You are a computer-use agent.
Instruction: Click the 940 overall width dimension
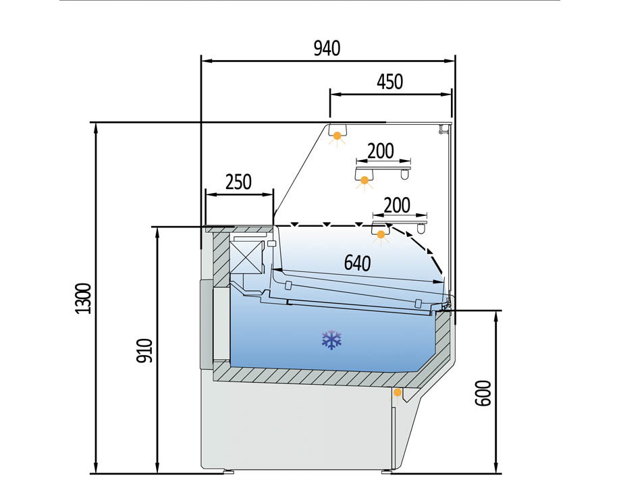click(x=327, y=49)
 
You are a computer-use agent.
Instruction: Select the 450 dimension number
click(x=390, y=82)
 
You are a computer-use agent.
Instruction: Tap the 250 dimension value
click(x=238, y=182)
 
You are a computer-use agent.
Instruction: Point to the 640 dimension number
click(x=357, y=263)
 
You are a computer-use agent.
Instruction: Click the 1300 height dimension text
click(x=84, y=298)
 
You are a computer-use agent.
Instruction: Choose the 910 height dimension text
click(x=144, y=350)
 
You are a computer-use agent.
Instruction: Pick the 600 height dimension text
click(x=483, y=393)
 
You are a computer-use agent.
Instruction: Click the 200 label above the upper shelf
click(x=381, y=151)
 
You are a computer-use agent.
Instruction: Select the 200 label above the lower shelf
click(x=397, y=205)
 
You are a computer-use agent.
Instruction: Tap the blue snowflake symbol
click(x=331, y=340)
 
